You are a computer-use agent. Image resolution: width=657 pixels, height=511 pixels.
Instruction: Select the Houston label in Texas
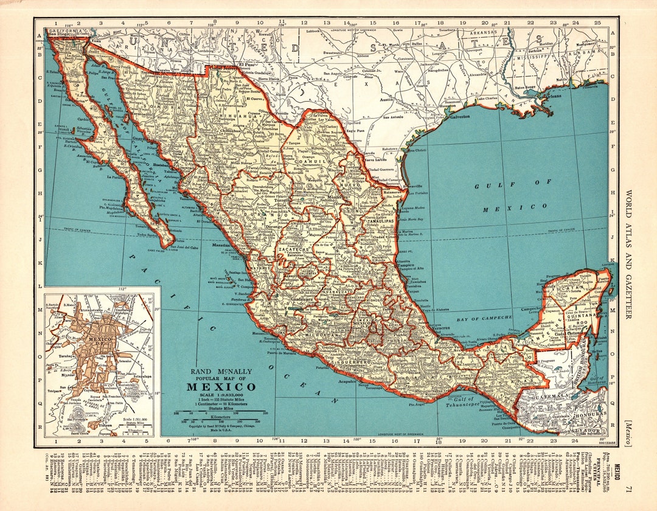[x=448, y=106]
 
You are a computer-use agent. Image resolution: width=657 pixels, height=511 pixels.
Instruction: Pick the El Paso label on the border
[x=247, y=64]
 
